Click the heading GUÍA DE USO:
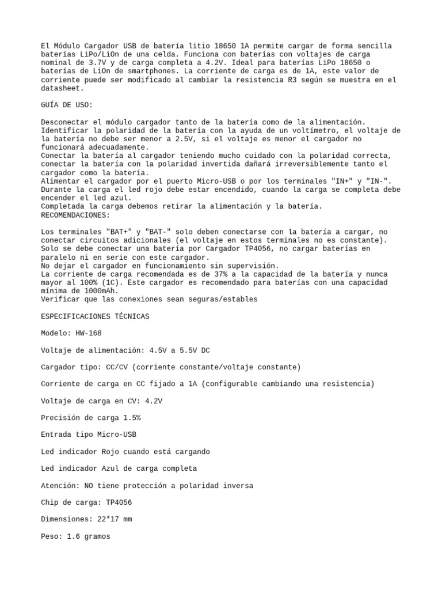click(67, 105)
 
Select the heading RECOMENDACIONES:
click(75, 214)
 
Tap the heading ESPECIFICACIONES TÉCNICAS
click(95, 316)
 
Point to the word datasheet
click(63, 89)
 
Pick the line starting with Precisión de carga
click(91, 418)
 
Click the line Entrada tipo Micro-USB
click(89, 434)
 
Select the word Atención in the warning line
click(60, 486)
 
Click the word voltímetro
click(321, 131)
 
